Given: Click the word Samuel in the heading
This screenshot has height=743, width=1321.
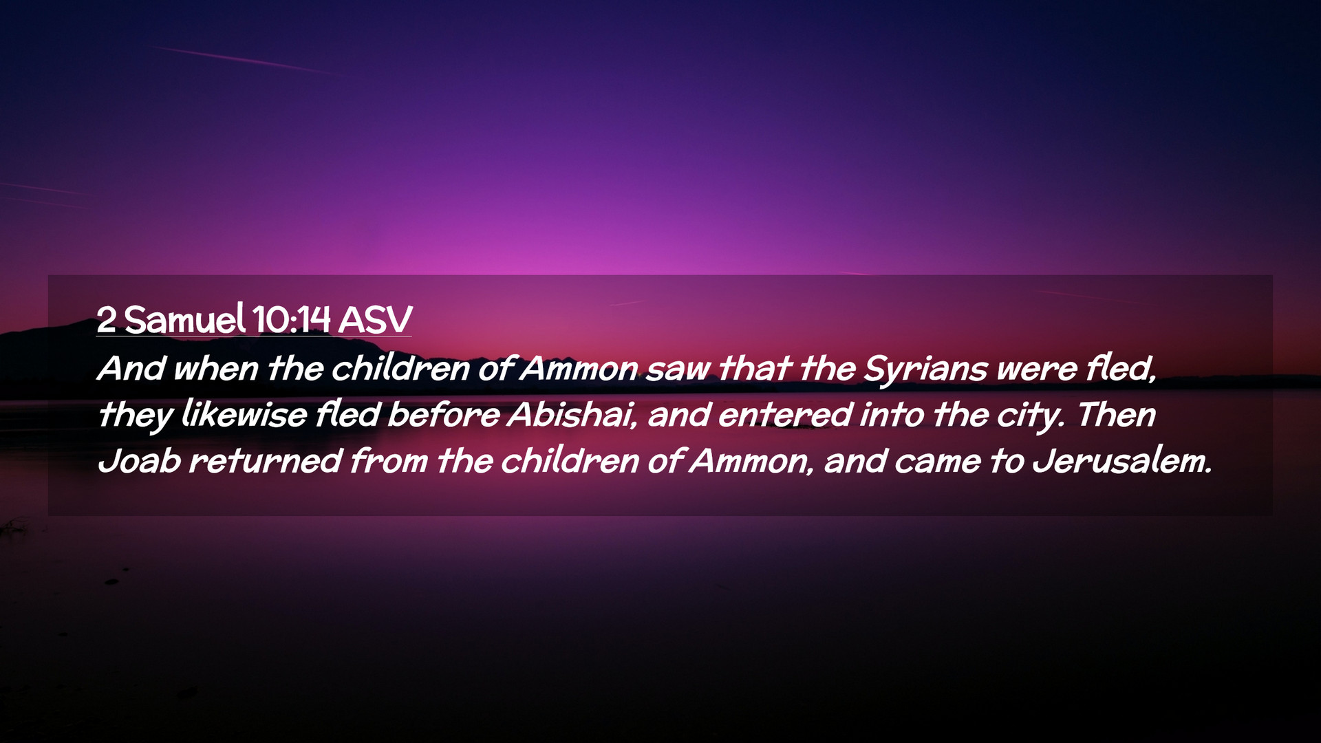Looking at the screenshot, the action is [184, 319].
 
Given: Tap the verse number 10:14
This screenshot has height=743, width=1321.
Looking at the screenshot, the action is [291, 319].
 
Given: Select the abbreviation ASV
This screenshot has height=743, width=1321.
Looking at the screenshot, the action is [375, 319].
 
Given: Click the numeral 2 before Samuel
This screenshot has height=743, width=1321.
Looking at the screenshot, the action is [106, 319].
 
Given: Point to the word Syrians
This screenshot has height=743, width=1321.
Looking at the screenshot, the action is [925, 369].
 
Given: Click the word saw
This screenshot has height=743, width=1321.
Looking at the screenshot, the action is [678, 369].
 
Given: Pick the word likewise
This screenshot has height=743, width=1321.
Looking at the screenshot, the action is [244, 414].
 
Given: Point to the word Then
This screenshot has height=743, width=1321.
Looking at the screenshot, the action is [1116, 414].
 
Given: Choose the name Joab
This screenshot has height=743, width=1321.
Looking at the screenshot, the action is [139, 460].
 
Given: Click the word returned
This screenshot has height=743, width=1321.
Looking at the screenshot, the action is [265, 460].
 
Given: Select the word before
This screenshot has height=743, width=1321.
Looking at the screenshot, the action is [444, 414].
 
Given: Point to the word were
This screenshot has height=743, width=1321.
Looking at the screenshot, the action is [1037, 369].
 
